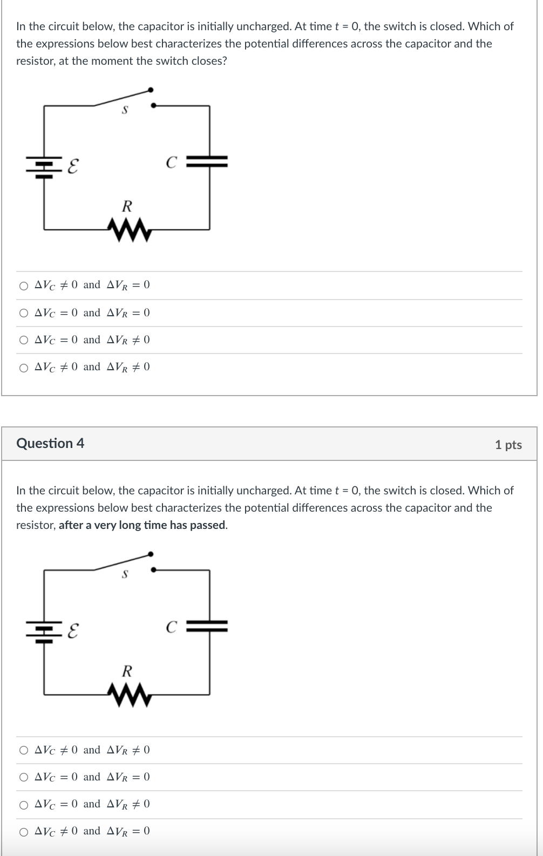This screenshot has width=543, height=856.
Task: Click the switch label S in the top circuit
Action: pos(125,110)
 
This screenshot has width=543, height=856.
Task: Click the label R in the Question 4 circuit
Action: pos(127,671)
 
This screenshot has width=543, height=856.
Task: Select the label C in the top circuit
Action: pos(171,162)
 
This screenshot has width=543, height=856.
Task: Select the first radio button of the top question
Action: pos(23,286)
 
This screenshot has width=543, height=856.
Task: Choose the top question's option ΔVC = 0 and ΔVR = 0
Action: pos(23,313)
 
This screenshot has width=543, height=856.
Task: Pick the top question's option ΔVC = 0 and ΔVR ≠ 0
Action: pos(23,340)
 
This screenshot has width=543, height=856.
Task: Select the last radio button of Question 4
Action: pos(23,832)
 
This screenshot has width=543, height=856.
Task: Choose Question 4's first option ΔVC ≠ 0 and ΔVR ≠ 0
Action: pos(23,750)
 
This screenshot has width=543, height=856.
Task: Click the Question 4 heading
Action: pos(50,443)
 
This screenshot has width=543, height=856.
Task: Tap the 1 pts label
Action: pos(508,445)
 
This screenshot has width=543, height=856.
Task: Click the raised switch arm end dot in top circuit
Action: pos(151,89)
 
